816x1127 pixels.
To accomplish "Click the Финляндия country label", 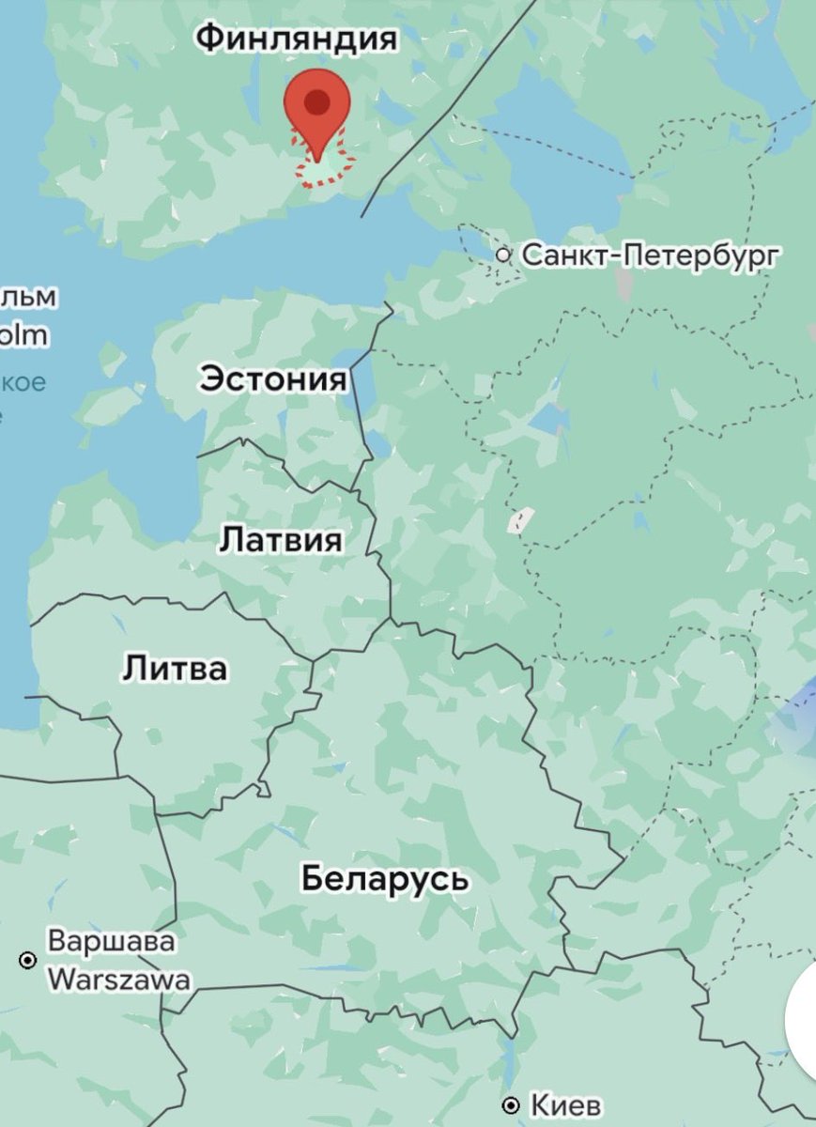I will point(297,39).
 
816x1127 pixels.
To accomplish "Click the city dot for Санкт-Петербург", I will point(503,255).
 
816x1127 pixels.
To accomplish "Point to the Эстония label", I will point(272,380).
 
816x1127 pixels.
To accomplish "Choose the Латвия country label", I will point(281,540).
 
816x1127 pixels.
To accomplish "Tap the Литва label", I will point(175,670).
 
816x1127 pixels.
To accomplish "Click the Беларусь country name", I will point(385,880).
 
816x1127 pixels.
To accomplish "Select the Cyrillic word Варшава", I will point(111,940).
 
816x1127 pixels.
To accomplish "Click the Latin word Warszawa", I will point(118,980).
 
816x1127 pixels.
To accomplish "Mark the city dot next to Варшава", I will point(27,960).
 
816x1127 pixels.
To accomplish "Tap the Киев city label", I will point(565,1105).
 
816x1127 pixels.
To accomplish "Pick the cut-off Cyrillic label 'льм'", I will point(28,298).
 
